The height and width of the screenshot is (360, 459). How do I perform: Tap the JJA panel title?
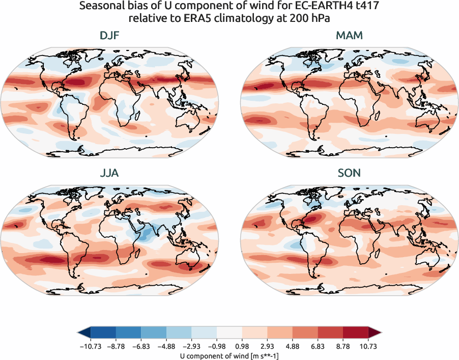(109, 173)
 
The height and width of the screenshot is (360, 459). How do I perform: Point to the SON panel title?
(349, 173)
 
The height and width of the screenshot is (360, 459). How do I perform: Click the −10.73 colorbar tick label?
(90, 346)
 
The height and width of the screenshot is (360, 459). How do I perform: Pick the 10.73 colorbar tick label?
(368, 346)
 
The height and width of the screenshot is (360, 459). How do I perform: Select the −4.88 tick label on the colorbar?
(166, 346)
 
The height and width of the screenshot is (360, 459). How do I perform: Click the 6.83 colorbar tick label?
(318, 346)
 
